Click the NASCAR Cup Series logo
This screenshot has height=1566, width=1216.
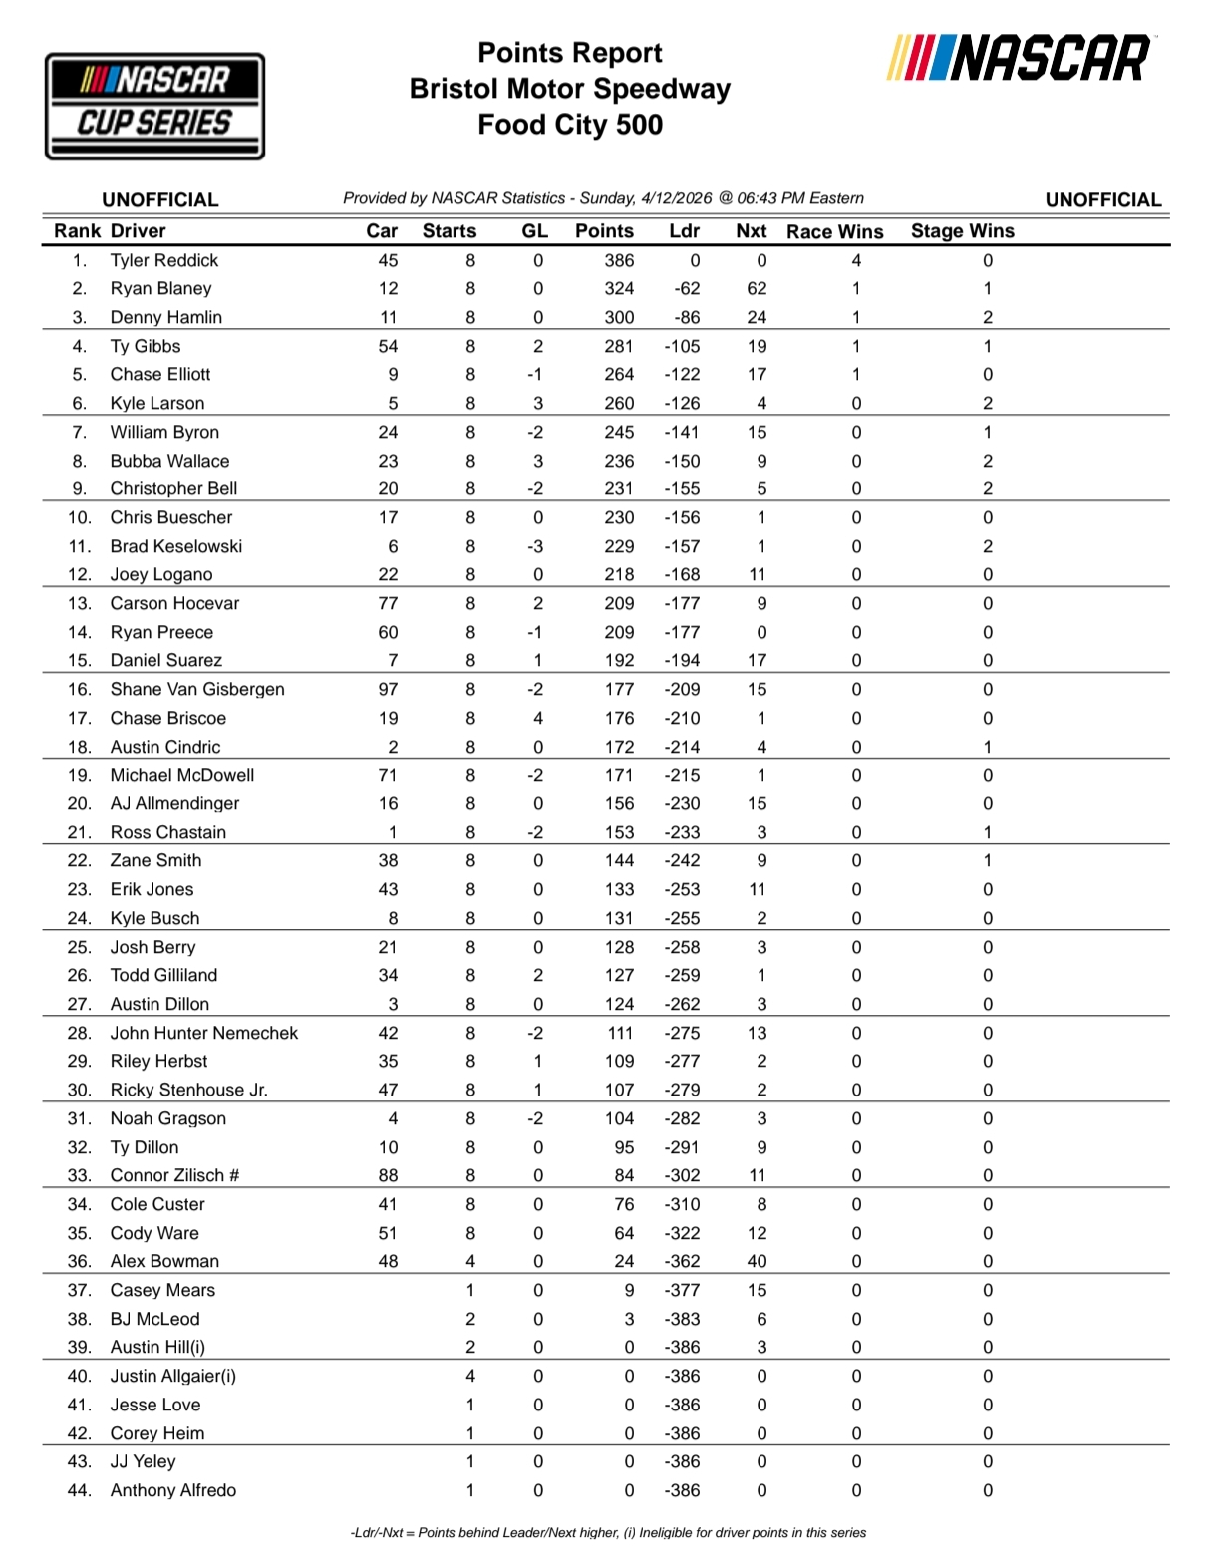pos(154,106)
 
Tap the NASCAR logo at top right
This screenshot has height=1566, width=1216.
pos(1019,58)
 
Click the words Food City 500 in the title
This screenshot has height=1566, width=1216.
pos(570,125)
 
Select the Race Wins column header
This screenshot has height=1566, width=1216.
pos(834,231)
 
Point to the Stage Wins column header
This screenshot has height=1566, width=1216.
pos(962,231)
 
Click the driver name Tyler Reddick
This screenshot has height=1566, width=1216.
pos(163,260)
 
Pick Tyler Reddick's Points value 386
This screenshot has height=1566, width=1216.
pos(618,260)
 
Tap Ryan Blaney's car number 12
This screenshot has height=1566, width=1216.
pos(388,288)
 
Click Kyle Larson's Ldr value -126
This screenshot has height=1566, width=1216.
pos(683,403)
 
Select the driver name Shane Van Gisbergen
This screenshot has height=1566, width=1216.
pos(196,689)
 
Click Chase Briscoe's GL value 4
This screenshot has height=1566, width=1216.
pos(538,718)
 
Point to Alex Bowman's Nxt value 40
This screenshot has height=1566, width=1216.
pos(757,1261)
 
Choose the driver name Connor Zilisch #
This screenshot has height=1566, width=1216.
pos(174,1175)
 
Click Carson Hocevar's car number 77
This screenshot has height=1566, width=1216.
pos(388,603)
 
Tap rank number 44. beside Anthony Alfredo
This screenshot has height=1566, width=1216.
pos(79,1490)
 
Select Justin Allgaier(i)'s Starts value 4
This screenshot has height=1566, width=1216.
pos(470,1376)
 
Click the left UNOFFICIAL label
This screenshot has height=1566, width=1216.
pos(159,199)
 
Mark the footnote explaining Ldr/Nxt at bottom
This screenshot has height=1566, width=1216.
pos(608,1532)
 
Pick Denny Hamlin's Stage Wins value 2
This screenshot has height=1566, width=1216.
pos(987,317)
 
